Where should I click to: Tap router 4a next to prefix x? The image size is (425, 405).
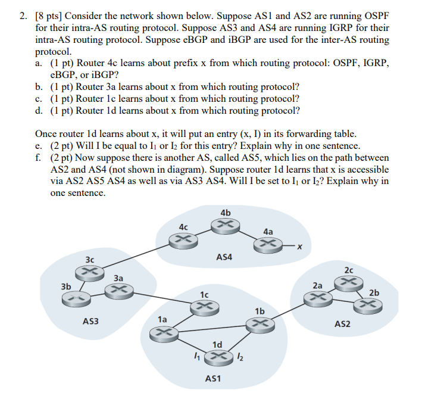(267, 245)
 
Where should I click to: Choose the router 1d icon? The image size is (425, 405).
(218, 356)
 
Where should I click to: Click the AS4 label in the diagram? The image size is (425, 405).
(224, 257)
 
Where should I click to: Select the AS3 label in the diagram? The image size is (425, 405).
(91, 321)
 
